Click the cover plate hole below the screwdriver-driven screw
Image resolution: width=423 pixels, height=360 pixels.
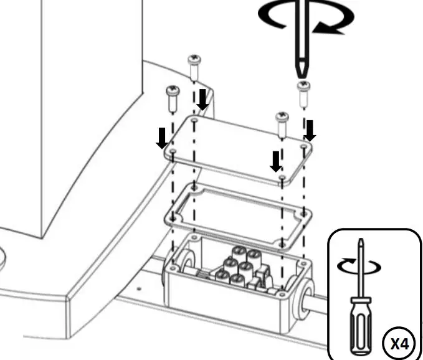pos(303,147)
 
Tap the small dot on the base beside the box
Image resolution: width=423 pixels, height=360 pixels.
pos(140,288)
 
